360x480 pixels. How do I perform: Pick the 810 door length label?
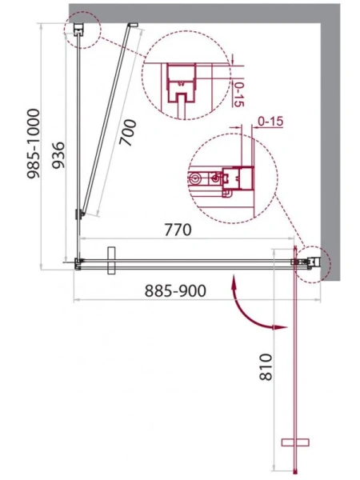point(276,369)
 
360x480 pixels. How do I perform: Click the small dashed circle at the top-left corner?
point(80,31)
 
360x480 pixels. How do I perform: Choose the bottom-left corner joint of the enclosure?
point(78,262)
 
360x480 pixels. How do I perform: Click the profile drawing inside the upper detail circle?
point(182,86)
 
